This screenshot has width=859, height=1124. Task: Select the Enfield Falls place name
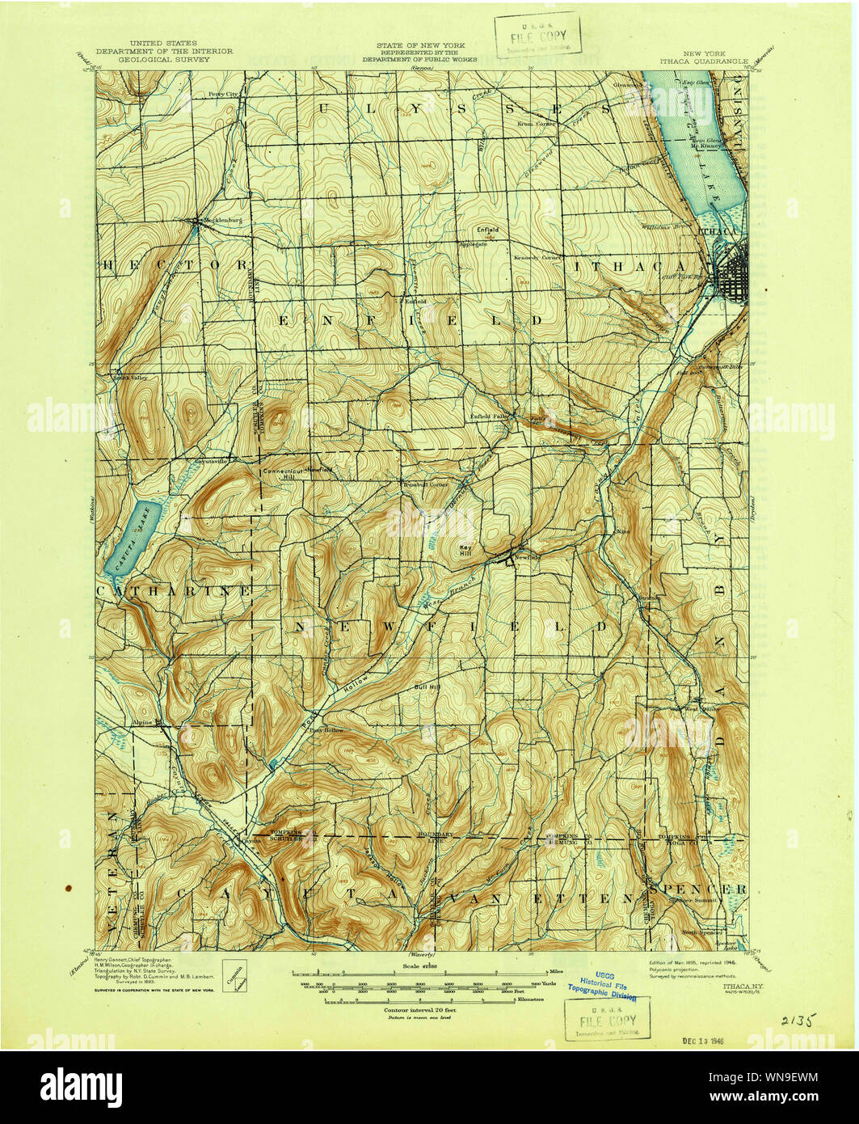[489, 417]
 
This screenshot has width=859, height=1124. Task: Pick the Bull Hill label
[427, 687]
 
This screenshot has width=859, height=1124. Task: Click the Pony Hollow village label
[326, 729]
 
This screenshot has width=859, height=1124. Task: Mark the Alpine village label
[143, 720]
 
